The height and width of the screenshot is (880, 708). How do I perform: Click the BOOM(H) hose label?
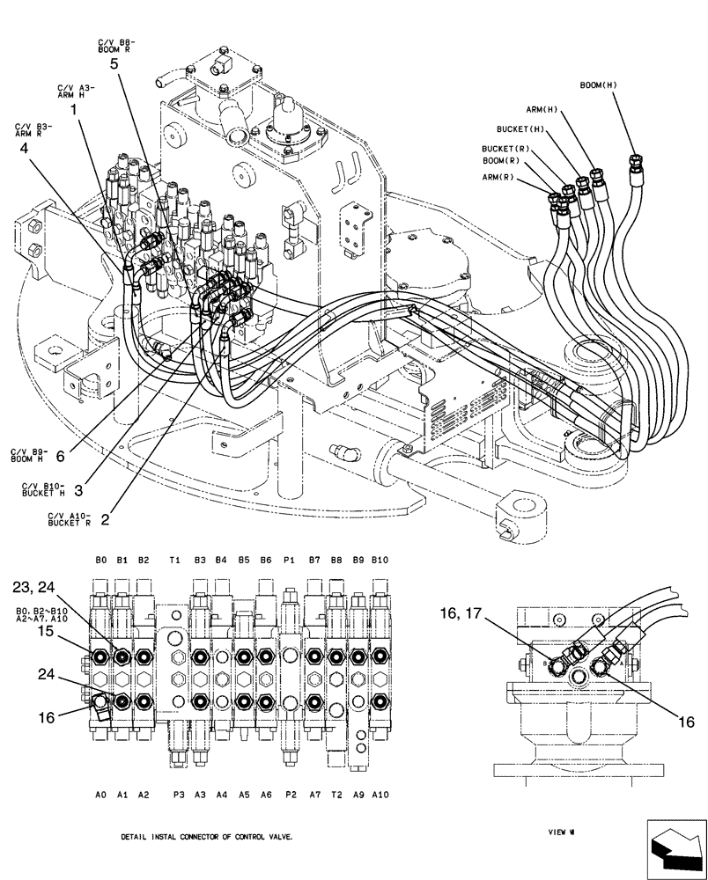(599, 85)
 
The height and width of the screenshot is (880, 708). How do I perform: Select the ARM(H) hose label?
(543, 110)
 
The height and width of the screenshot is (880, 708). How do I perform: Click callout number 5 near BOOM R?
(114, 63)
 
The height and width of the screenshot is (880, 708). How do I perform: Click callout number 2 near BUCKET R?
(105, 519)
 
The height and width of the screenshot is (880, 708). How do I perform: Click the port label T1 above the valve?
(175, 560)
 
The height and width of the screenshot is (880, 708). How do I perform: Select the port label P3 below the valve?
(179, 794)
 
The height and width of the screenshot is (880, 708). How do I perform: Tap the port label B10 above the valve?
(380, 560)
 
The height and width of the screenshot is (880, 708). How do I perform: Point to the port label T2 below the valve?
(336, 794)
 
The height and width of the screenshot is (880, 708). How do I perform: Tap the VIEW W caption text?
(560, 830)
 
